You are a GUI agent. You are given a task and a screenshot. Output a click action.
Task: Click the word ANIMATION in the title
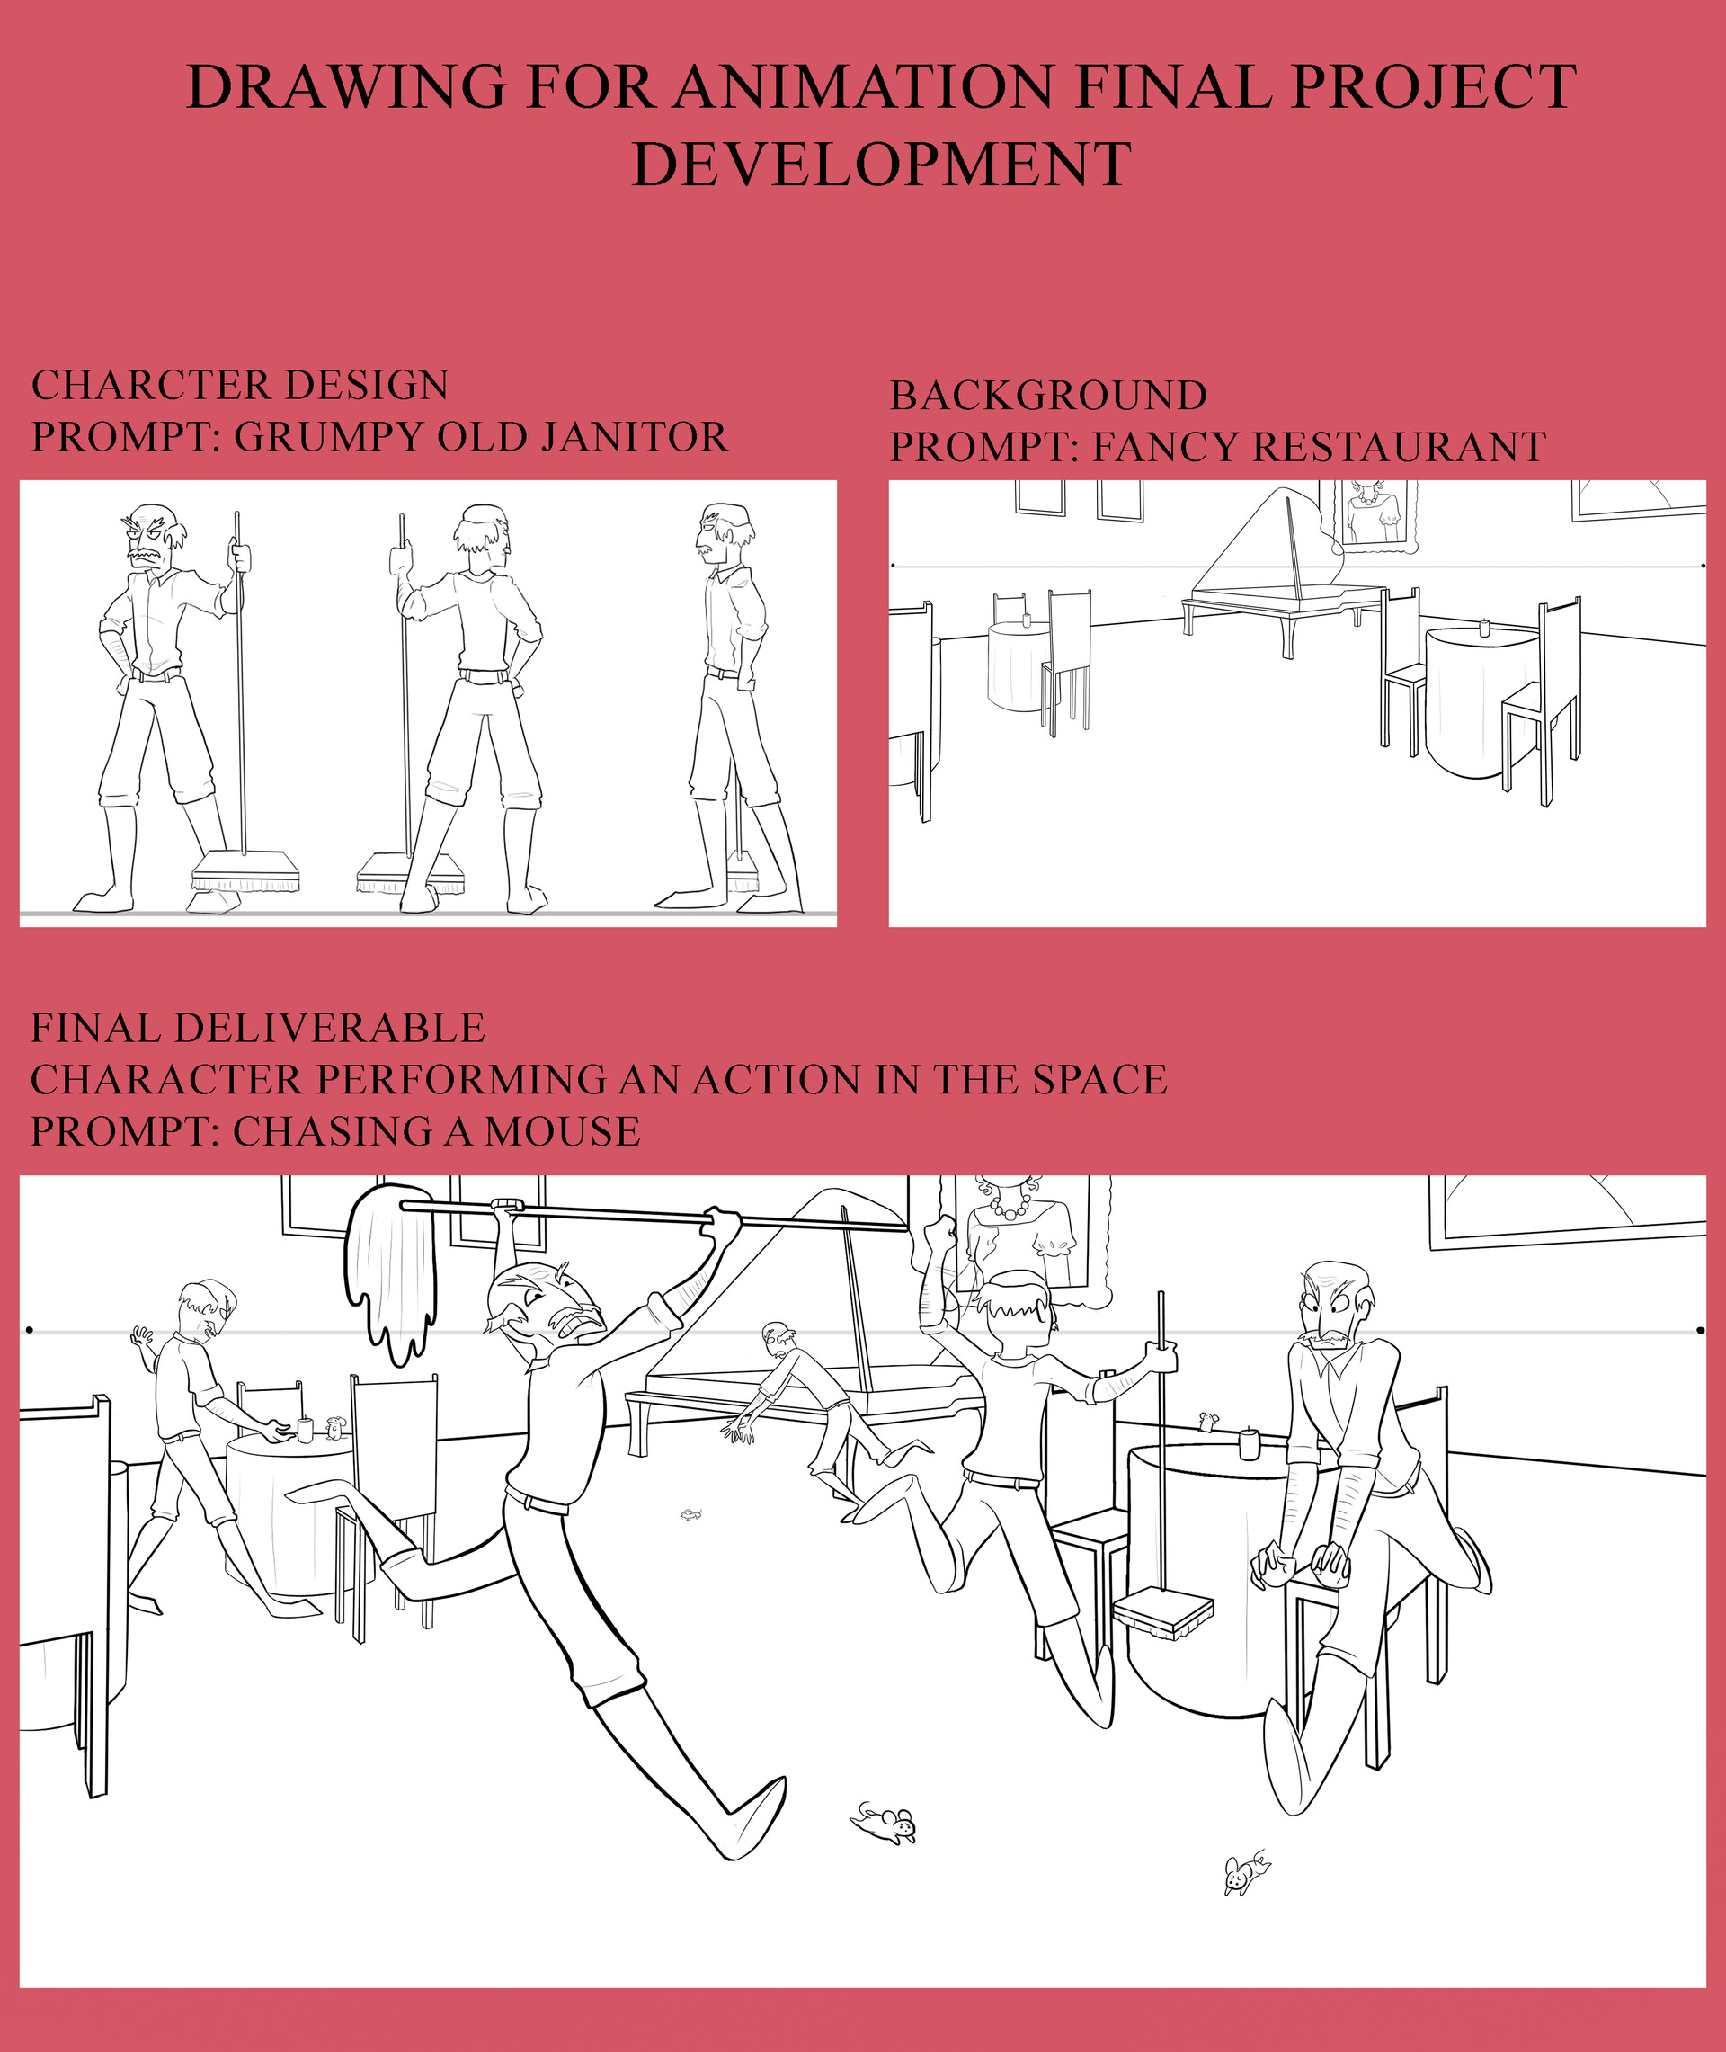point(864,86)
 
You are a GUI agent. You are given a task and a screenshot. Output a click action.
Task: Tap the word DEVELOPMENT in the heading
point(882,164)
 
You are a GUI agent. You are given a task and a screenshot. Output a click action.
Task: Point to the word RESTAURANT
point(1398,447)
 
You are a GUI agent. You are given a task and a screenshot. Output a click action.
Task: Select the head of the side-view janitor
point(720,529)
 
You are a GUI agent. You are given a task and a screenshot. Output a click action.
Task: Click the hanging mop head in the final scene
point(390,1272)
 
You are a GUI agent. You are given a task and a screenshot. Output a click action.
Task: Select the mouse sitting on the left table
point(334,1428)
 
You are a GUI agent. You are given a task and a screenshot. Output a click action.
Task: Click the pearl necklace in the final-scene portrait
point(1010,1206)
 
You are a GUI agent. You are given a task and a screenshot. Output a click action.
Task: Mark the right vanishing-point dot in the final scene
point(1701,1330)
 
